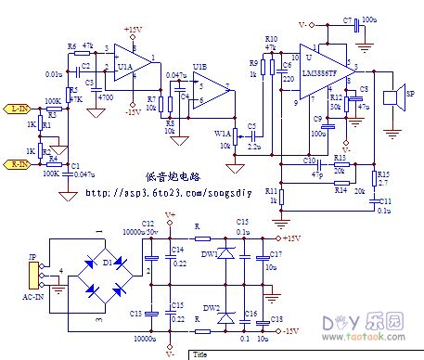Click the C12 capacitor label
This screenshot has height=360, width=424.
pos(148,225)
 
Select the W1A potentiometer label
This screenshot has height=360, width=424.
pos(224,134)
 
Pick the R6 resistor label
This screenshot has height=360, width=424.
pos(71,46)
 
